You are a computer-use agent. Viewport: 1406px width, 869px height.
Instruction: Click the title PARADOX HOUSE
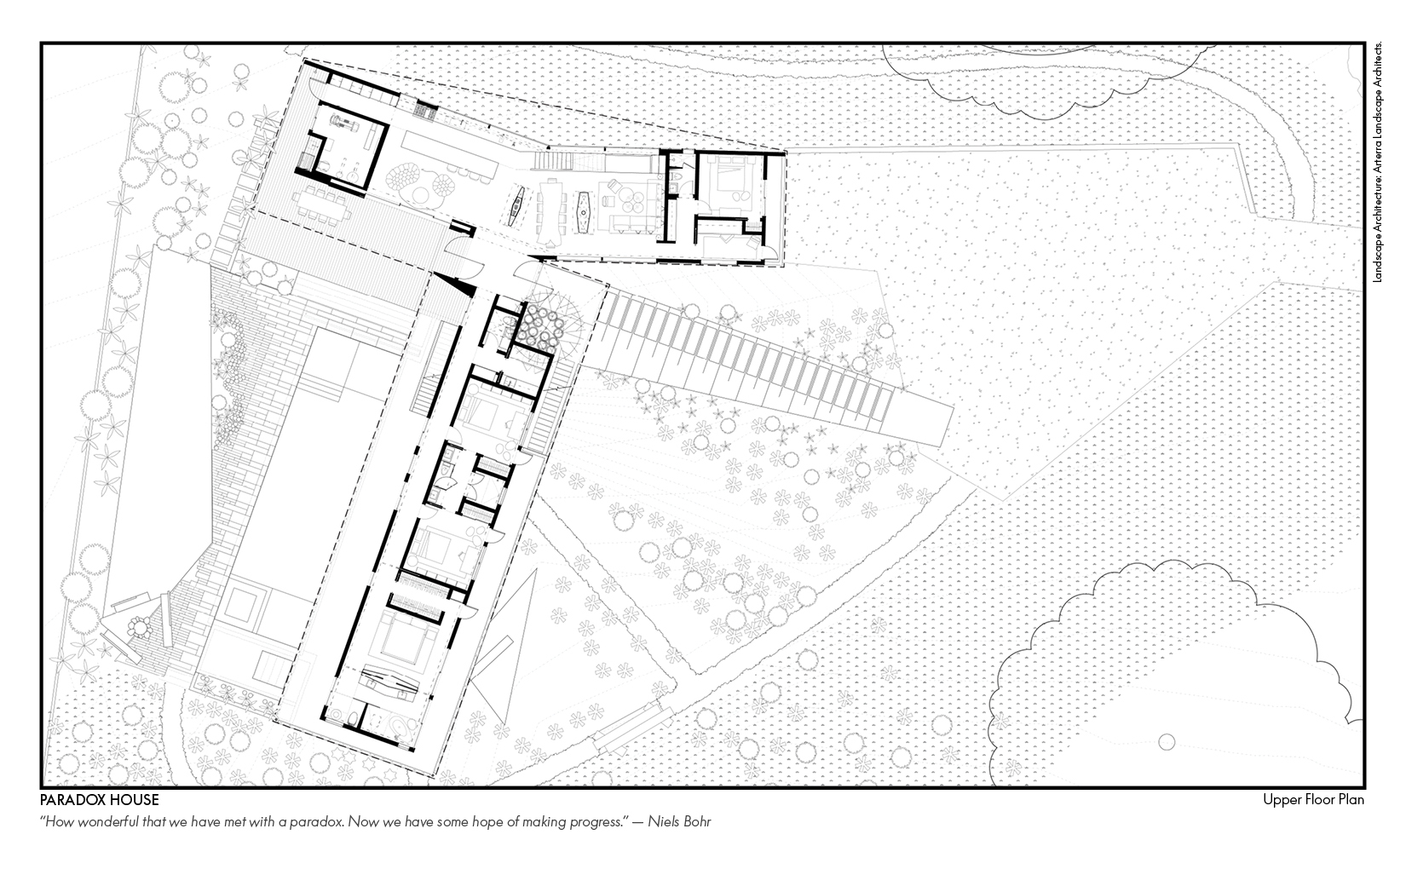(x=99, y=800)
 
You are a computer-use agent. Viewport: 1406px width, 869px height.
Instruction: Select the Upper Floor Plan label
(x=1314, y=800)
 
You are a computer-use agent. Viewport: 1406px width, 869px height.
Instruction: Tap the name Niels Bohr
(x=679, y=821)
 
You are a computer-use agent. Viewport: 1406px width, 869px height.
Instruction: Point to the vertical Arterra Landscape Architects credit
(x=1379, y=162)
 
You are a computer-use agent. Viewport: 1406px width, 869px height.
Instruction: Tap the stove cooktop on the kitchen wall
(x=425, y=111)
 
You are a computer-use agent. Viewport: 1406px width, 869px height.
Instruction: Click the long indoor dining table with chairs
(x=551, y=212)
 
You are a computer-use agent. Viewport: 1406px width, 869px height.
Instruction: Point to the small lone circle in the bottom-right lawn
(x=1167, y=741)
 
